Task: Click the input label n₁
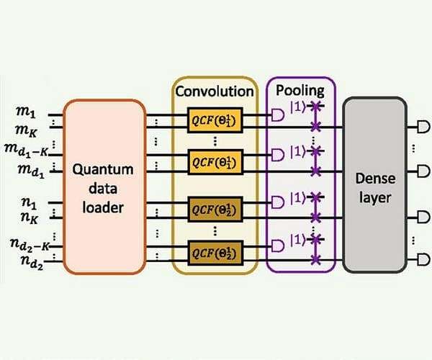(x=28, y=194)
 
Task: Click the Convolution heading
(x=214, y=91)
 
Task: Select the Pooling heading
(x=300, y=91)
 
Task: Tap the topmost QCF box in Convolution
(x=214, y=119)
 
